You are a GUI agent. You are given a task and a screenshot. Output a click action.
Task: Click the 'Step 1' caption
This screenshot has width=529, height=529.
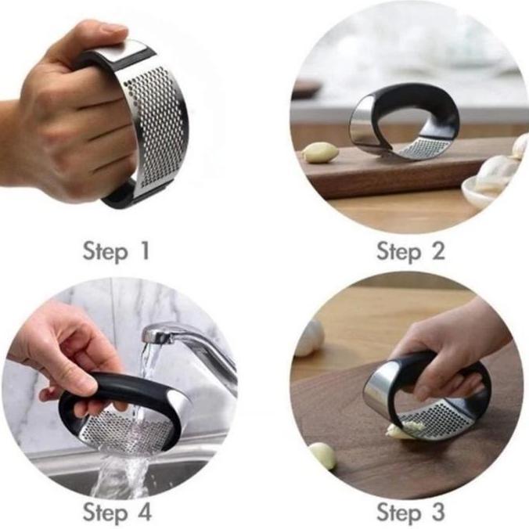click(x=115, y=251)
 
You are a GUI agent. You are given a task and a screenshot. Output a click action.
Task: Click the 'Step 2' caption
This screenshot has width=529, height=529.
click(x=410, y=251)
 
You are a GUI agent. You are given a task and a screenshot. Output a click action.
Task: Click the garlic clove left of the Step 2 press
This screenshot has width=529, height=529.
click(x=321, y=153)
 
